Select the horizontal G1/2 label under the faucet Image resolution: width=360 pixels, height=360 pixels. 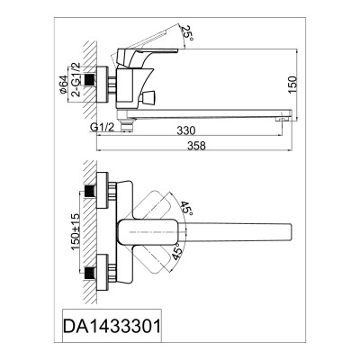pos(102,127)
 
